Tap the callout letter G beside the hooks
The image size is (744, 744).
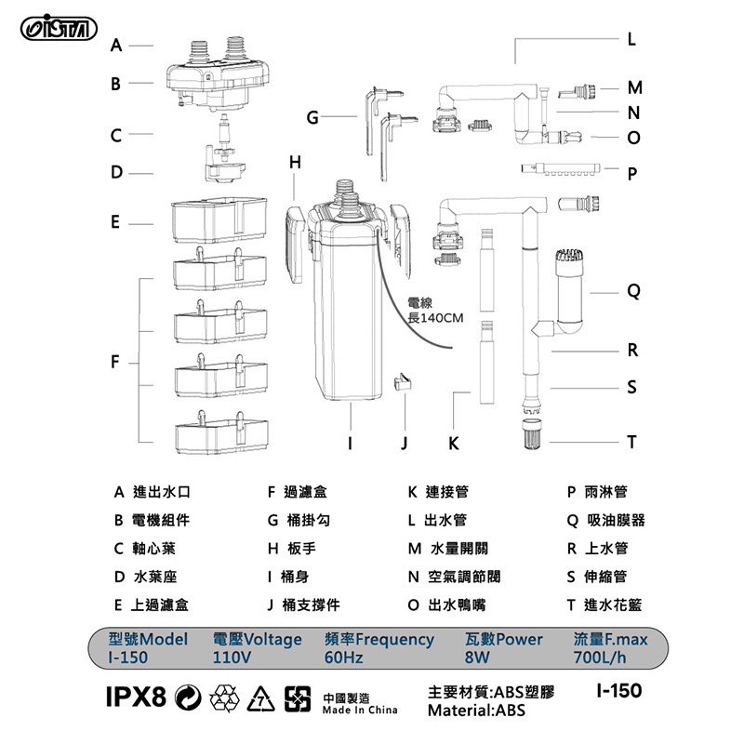coord(312,117)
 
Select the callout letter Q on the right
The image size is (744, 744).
coord(632,291)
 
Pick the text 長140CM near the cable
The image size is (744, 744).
coord(435,318)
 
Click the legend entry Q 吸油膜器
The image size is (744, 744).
coord(606,520)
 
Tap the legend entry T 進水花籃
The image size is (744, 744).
coord(604,604)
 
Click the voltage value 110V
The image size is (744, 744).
coord(232,658)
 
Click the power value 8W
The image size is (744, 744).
coord(476,658)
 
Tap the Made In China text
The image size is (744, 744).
coord(359,710)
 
